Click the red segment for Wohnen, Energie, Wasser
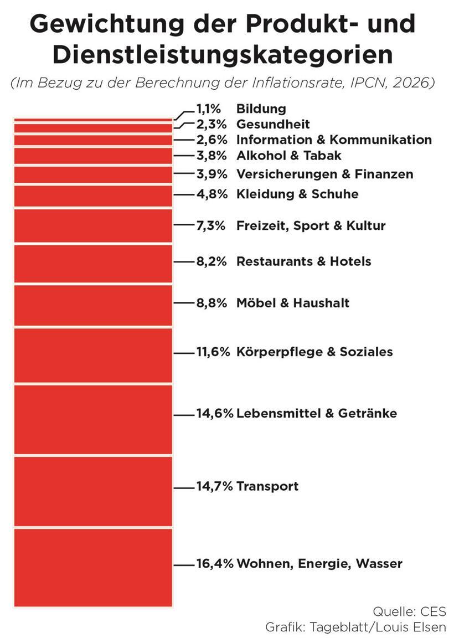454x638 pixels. [x=93, y=567]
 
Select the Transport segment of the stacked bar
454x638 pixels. [x=93, y=492]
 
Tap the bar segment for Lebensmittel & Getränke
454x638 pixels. [x=93, y=419]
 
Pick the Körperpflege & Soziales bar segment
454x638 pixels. [x=93, y=355]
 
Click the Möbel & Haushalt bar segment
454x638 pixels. [x=93, y=305]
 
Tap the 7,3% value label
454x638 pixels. [x=211, y=225]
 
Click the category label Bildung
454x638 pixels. [x=261, y=109]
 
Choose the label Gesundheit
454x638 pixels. [x=273, y=124]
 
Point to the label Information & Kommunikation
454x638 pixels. [x=334, y=140]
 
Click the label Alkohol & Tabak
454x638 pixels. [x=289, y=156]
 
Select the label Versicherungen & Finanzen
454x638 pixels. [x=324, y=174]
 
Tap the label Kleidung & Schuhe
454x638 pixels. [x=297, y=194]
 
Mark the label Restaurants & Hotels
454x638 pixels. [x=303, y=261]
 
